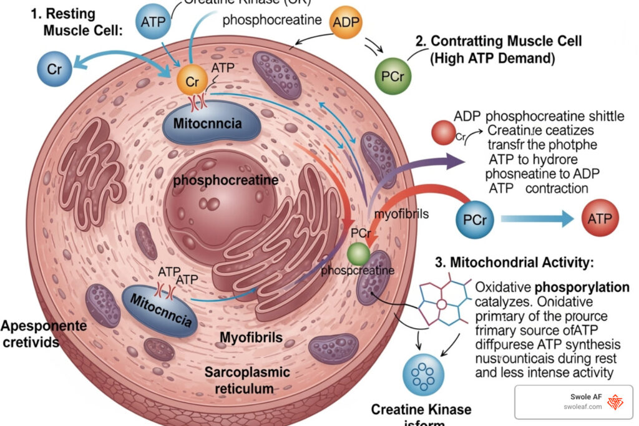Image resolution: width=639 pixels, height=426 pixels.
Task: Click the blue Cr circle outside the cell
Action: coord(54,68)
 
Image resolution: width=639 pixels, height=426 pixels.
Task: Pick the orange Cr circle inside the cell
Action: coord(192,81)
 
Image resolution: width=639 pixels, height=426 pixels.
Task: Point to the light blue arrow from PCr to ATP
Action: coord(537,219)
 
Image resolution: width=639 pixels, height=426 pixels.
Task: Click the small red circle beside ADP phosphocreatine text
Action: coord(444,132)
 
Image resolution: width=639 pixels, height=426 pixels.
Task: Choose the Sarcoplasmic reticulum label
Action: coord(248,380)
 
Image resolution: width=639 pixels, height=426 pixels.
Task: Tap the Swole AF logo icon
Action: coord(615,402)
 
